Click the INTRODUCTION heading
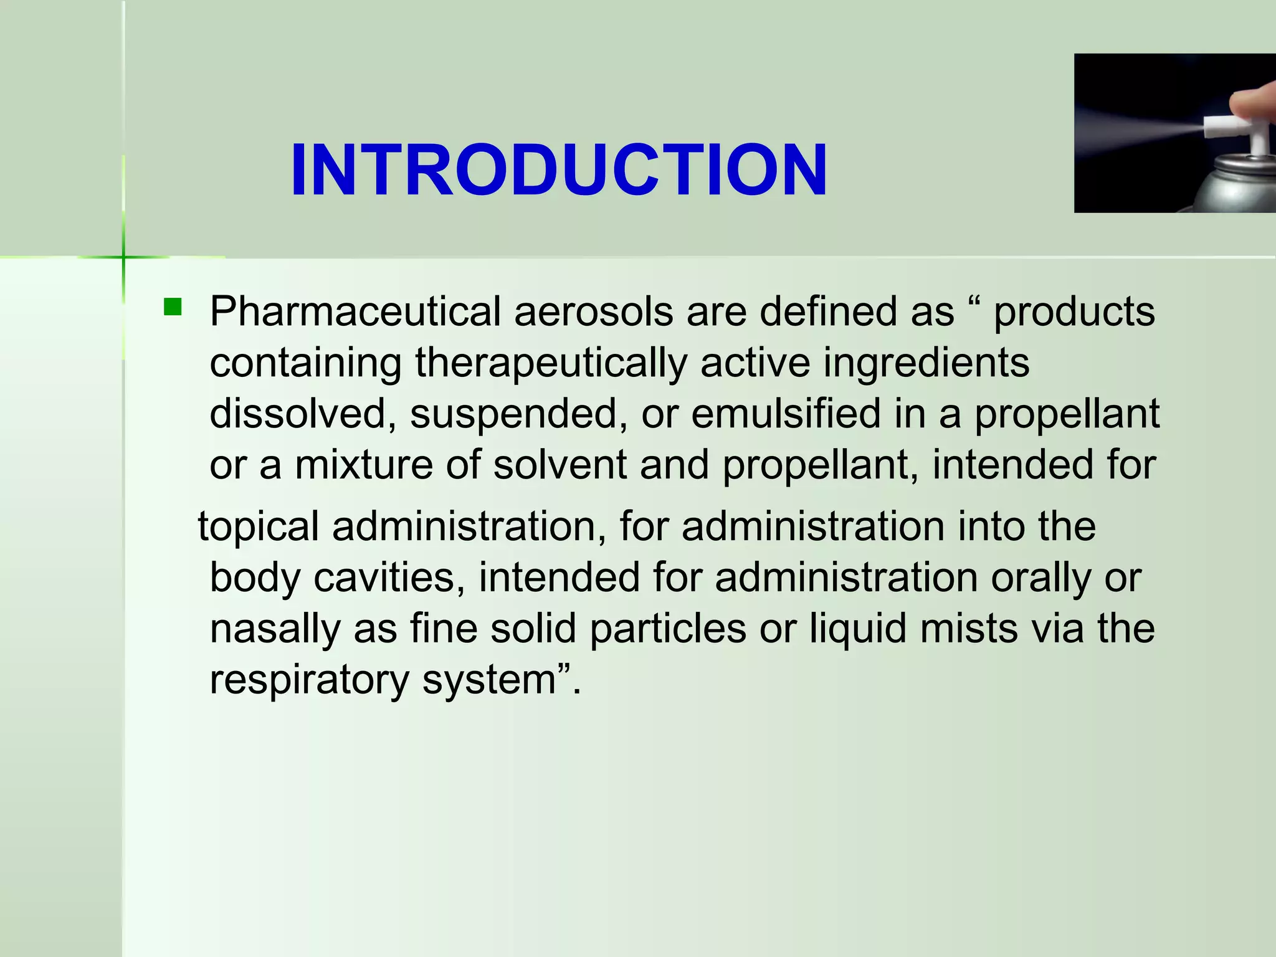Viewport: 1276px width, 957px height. [x=559, y=170]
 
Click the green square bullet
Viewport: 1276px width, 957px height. [x=172, y=307]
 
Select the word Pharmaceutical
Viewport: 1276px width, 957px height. [x=355, y=312]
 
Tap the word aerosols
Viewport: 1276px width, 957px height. [x=593, y=312]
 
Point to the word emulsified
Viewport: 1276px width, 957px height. [x=786, y=414]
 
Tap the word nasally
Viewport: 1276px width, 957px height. [x=275, y=629]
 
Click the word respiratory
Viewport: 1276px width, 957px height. [x=309, y=680]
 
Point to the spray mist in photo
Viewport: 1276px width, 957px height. [x=1140, y=128]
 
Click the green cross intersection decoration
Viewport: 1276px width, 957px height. [x=123, y=257]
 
